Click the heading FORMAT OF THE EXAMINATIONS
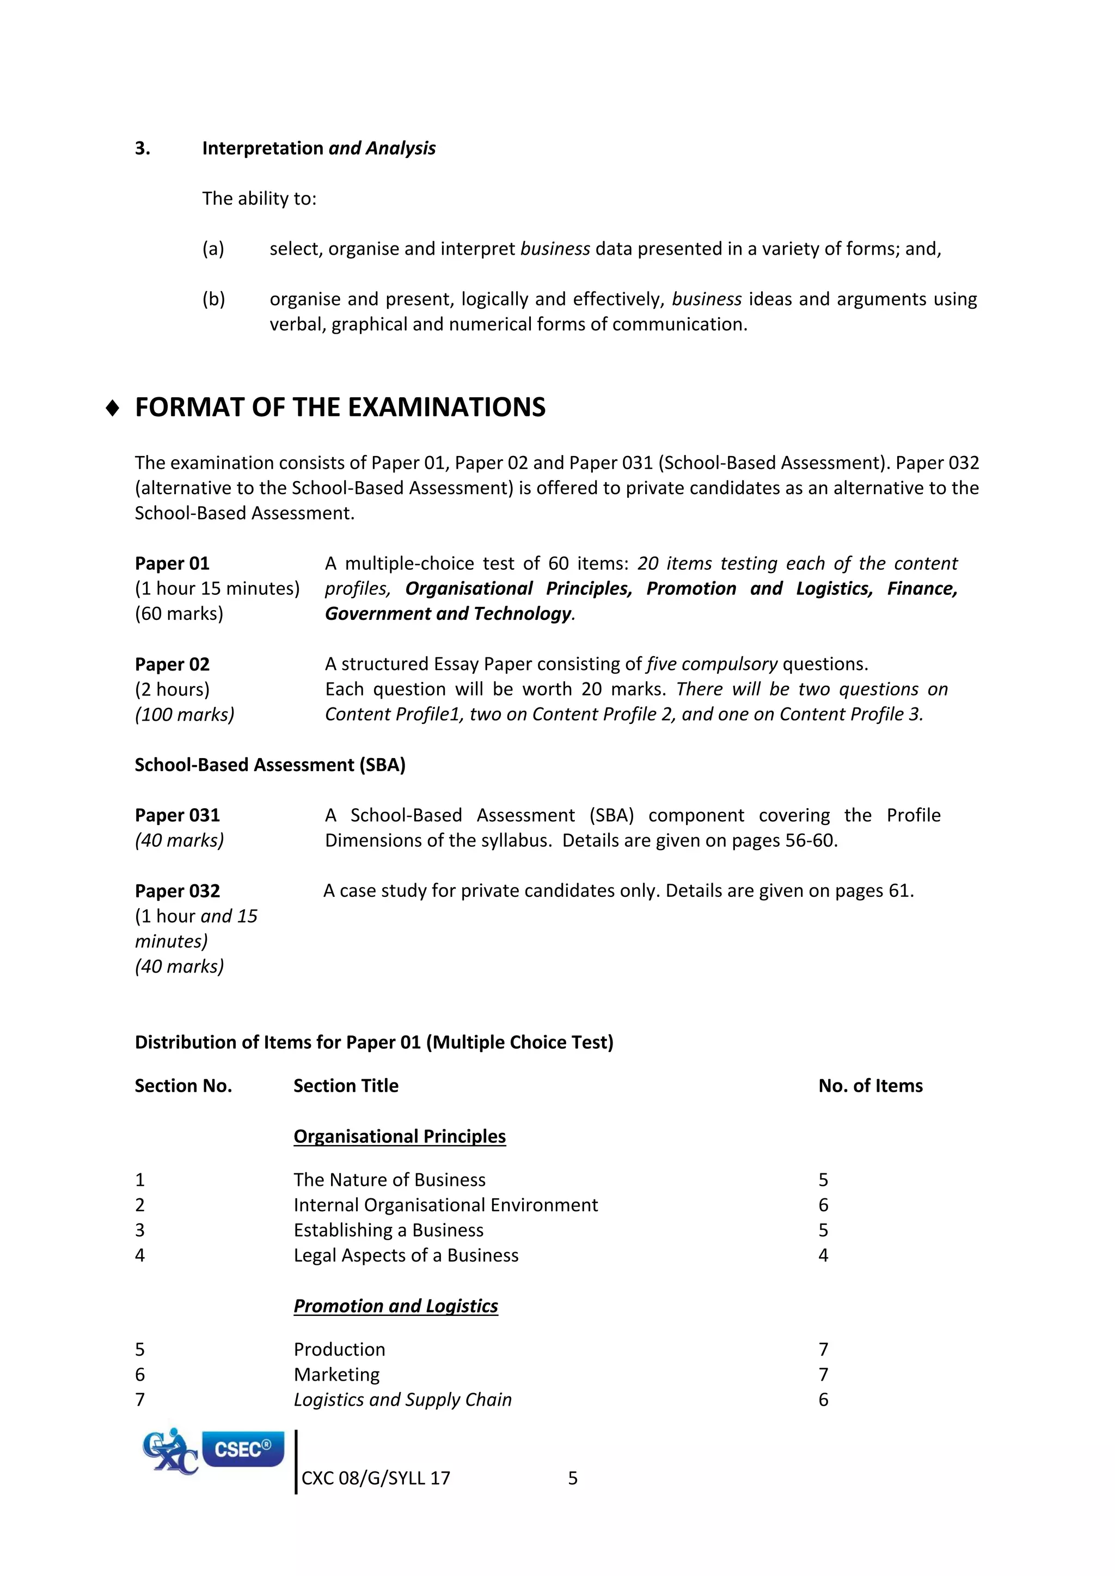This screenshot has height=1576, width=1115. pyautogui.click(x=340, y=407)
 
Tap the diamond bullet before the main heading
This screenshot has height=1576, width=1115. pyautogui.click(x=113, y=408)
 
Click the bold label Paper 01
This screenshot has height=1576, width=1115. pyautogui.click(x=171, y=564)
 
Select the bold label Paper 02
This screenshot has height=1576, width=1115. pyautogui.click(x=171, y=664)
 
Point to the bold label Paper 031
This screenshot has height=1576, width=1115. pyautogui.click(x=177, y=815)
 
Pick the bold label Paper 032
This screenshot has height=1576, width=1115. pyautogui.click(x=177, y=891)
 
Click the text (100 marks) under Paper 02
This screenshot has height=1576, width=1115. pyautogui.click(x=184, y=715)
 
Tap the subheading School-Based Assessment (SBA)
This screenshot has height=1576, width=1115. pyautogui.click(x=270, y=765)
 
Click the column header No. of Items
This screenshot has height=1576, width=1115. pyautogui.click(x=870, y=1085)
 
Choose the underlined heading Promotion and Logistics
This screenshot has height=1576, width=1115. pyautogui.click(x=395, y=1306)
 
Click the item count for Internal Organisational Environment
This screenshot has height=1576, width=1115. pyautogui.click(x=823, y=1205)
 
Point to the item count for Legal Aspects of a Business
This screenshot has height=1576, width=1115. pyautogui.click(x=823, y=1255)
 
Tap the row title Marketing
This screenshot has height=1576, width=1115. pyautogui.click(x=336, y=1374)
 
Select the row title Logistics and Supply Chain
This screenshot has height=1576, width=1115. pyautogui.click(x=402, y=1400)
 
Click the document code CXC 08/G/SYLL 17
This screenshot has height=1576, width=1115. pyautogui.click(x=376, y=1478)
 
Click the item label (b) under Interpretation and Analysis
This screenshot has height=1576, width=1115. pyautogui.click(x=213, y=299)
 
